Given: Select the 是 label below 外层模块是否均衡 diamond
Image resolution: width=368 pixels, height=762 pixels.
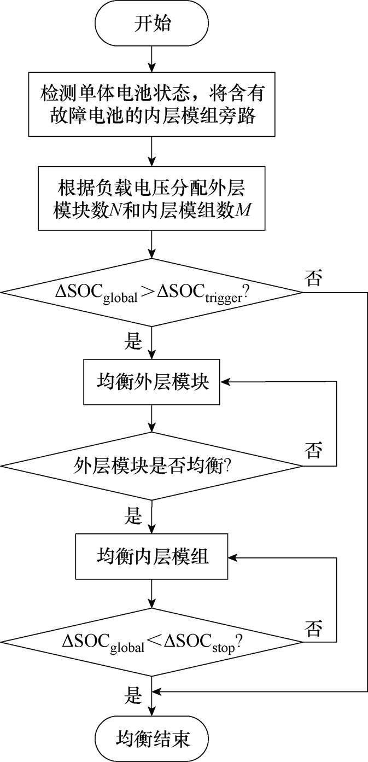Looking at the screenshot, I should pyautogui.click(x=134, y=516).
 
